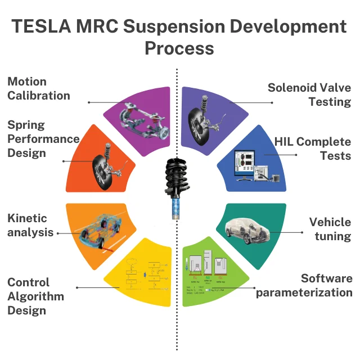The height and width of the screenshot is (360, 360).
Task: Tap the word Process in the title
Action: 179,48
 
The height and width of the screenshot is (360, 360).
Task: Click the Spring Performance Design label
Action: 43,138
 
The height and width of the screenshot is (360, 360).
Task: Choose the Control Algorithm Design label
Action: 35,296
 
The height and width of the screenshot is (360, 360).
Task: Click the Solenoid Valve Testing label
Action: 309,94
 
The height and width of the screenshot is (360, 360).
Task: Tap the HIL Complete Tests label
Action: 313,148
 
